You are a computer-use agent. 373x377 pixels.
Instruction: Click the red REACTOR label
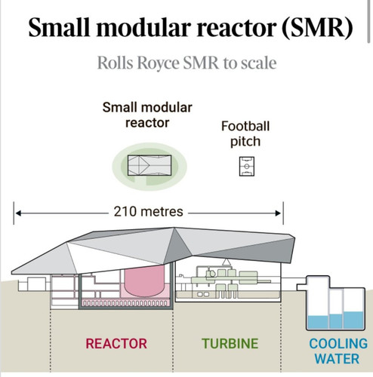(116, 343)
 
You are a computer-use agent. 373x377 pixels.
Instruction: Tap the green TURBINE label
(230, 343)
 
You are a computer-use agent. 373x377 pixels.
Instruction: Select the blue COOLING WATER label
(338, 351)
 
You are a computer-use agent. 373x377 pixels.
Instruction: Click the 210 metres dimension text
(148, 211)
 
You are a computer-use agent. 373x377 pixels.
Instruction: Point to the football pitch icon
(247, 166)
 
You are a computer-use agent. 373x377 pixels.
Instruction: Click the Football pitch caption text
(245, 134)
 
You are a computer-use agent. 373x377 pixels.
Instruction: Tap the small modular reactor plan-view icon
(150, 165)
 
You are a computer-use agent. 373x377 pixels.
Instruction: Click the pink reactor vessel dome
(144, 280)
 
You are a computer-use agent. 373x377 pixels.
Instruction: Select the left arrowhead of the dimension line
(18, 213)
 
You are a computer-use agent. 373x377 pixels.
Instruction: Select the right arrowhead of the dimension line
(278, 213)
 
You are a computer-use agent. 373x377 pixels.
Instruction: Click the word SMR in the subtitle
(201, 63)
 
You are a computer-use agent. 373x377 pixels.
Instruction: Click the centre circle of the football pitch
(247, 167)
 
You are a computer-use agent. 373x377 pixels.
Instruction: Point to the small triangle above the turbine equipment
(226, 262)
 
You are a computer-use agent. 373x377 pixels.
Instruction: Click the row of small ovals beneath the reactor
(126, 303)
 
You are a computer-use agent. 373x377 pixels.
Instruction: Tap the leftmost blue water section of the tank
(318, 322)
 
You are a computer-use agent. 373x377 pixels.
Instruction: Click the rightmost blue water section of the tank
(353, 320)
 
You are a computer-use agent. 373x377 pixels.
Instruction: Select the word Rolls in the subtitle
(115, 63)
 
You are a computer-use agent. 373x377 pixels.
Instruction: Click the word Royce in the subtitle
(158, 63)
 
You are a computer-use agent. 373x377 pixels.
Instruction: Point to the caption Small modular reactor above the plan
(147, 115)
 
